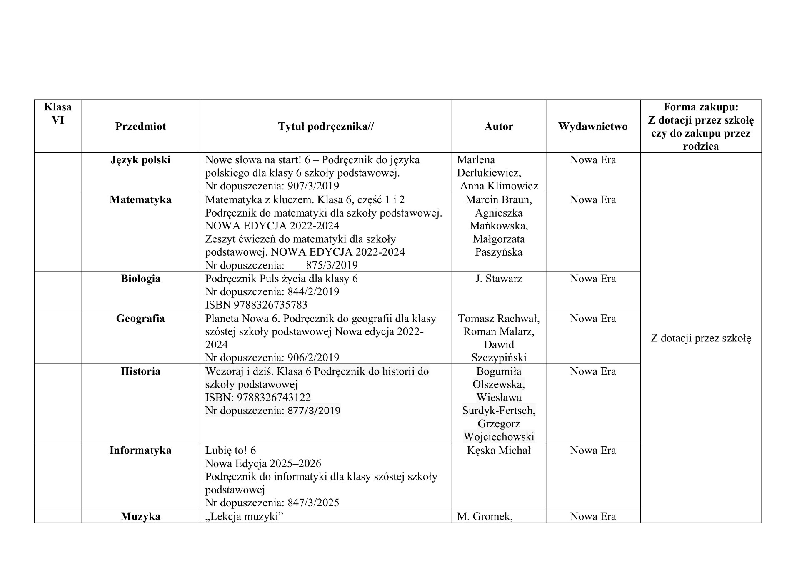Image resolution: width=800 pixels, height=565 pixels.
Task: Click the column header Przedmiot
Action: click(x=140, y=127)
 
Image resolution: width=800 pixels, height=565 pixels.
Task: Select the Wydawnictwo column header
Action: click(x=592, y=127)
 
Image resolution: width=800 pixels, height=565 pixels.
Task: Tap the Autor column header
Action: click(x=498, y=127)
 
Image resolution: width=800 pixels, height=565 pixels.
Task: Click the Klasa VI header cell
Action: click(x=57, y=113)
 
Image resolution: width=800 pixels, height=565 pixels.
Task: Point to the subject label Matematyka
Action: click(x=140, y=200)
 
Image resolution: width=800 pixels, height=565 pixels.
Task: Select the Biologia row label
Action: click(x=140, y=279)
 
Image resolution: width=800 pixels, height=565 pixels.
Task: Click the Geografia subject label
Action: click(x=140, y=319)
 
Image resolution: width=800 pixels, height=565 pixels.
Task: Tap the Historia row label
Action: click(x=140, y=371)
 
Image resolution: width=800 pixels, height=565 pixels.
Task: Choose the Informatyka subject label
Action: click(x=140, y=451)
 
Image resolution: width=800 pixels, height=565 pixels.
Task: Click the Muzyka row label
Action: click(x=140, y=517)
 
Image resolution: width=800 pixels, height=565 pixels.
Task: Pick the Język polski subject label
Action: click(x=140, y=160)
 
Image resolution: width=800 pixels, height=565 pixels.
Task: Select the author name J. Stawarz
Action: click(x=498, y=279)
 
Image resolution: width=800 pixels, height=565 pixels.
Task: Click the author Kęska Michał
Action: click(x=498, y=451)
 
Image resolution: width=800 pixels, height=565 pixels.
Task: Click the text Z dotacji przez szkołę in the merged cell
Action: click(x=700, y=338)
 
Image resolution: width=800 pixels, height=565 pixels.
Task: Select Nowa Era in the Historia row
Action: click(x=592, y=371)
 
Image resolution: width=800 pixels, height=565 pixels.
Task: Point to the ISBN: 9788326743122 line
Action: click(x=258, y=398)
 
